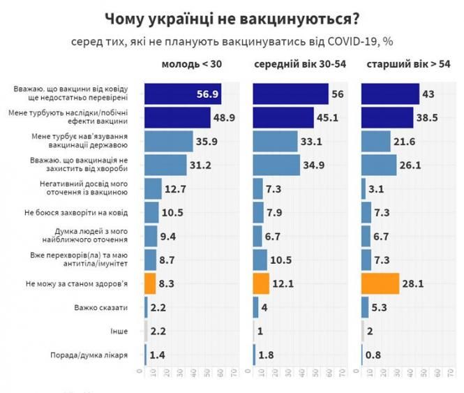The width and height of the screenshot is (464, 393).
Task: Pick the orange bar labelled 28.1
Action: pos(380,283)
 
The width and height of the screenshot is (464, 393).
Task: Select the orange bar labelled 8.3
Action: pos(149,283)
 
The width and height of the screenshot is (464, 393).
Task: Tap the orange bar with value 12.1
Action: pos(260,283)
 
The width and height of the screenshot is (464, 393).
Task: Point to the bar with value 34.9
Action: pos(276,165)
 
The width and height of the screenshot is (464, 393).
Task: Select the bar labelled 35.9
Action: pos(168,142)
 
